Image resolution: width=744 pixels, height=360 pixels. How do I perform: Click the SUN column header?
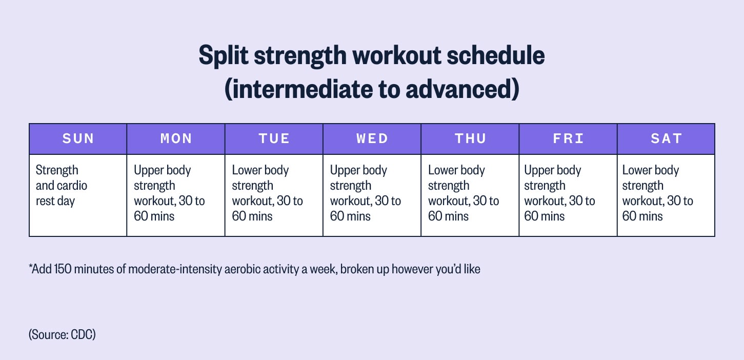pos(78,139)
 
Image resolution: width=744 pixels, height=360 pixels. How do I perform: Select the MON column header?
pos(176,139)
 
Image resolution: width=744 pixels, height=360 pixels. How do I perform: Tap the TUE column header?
pos(274,139)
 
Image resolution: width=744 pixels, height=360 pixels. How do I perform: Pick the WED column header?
pos(372,139)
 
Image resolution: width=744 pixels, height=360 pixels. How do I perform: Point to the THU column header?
pos(470,139)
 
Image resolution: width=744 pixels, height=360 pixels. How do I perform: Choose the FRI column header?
pos(568,139)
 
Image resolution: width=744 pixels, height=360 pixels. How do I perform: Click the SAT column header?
pos(666,139)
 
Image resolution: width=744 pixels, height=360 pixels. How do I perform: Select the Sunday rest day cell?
pos(78,195)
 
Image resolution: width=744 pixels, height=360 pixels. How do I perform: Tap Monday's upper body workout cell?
pos(176,195)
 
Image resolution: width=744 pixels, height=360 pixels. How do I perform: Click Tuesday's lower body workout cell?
pos(274,195)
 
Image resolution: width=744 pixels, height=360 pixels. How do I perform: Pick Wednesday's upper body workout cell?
pos(372,195)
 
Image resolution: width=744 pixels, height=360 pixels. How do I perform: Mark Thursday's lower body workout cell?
pos(470,195)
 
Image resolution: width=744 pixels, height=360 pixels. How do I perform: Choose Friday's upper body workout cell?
pos(568,195)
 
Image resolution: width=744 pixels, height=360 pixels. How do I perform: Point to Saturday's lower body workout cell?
pos(666,195)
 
